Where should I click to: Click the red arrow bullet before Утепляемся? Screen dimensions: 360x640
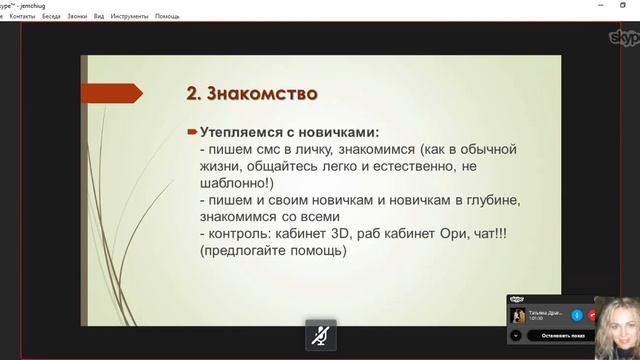click(x=192, y=132)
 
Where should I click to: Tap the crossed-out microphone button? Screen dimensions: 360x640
click(x=320, y=336)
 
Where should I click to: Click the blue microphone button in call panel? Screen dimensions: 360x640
click(x=577, y=314)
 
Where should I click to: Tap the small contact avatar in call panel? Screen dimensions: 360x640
click(x=519, y=315)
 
